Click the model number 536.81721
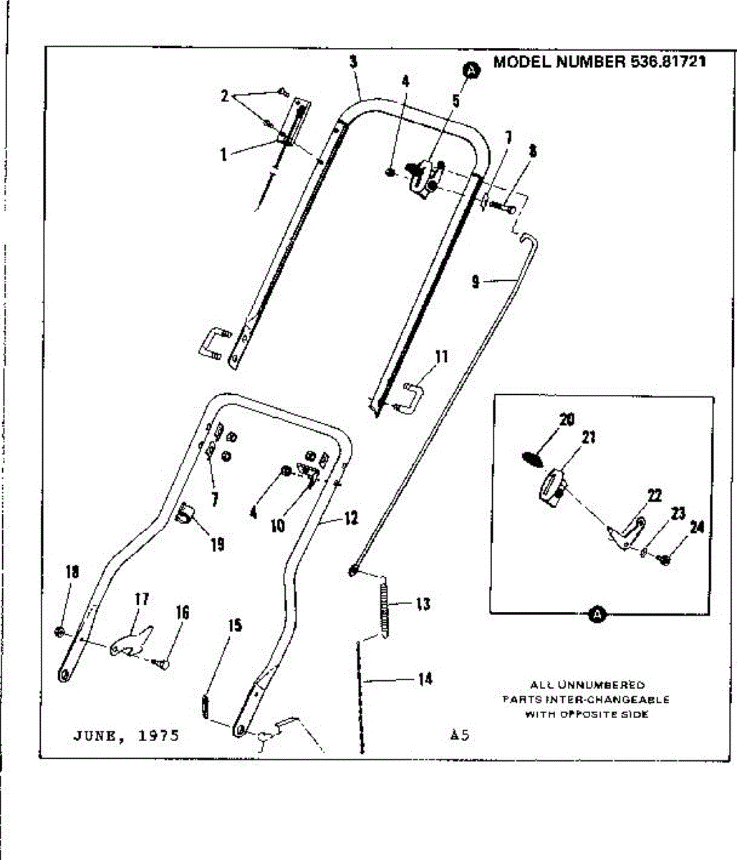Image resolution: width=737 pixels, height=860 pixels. (668, 62)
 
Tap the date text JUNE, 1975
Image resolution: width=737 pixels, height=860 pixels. (126, 735)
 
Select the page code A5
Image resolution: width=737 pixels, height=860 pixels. (460, 735)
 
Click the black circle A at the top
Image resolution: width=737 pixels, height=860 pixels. (471, 70)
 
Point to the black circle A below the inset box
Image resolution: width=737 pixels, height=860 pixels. (597, 614)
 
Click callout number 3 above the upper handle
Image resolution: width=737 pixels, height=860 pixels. (353, 62)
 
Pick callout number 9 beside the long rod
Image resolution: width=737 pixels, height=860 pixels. (476, 282)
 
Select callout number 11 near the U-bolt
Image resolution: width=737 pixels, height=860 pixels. (442, 356)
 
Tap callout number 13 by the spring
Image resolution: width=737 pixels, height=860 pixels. (423, 604)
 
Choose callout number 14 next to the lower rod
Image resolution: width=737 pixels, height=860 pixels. (425, 678)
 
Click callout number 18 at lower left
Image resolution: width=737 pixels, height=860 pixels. (72, 572)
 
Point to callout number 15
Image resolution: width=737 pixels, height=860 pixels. (235, 626)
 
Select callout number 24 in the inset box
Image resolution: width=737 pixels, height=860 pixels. (697, 528)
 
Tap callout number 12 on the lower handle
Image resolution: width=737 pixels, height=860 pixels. (351, 518)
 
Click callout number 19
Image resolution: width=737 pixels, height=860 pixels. (217, 545)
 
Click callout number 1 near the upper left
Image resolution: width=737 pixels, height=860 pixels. (224, 154)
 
